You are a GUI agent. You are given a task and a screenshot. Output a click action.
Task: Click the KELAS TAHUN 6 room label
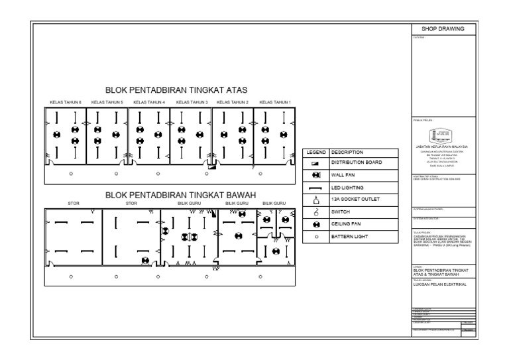(x=66, y=102)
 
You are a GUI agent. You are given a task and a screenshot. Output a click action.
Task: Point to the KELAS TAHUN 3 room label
(x=192, y=102)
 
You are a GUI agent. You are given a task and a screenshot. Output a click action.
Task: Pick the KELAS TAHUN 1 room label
(x=274, y=102)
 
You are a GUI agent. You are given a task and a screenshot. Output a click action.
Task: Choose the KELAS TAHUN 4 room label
(x=149, y=102)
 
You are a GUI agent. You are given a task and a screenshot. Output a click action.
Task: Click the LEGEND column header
(x=314, y=152)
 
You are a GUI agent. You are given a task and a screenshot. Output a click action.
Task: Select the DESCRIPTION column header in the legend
(x=347, y=152)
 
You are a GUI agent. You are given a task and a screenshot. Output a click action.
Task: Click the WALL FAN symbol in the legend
(x=315, y=175)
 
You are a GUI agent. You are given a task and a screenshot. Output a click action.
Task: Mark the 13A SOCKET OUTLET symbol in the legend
(x=315, y=199)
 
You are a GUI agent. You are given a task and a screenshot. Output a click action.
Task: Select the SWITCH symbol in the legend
(x=315, y=211)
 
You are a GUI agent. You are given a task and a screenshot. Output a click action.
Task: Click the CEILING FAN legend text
(x=346, y=224)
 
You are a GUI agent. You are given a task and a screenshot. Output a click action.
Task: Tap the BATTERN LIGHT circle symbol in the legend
(x=315, y=236)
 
